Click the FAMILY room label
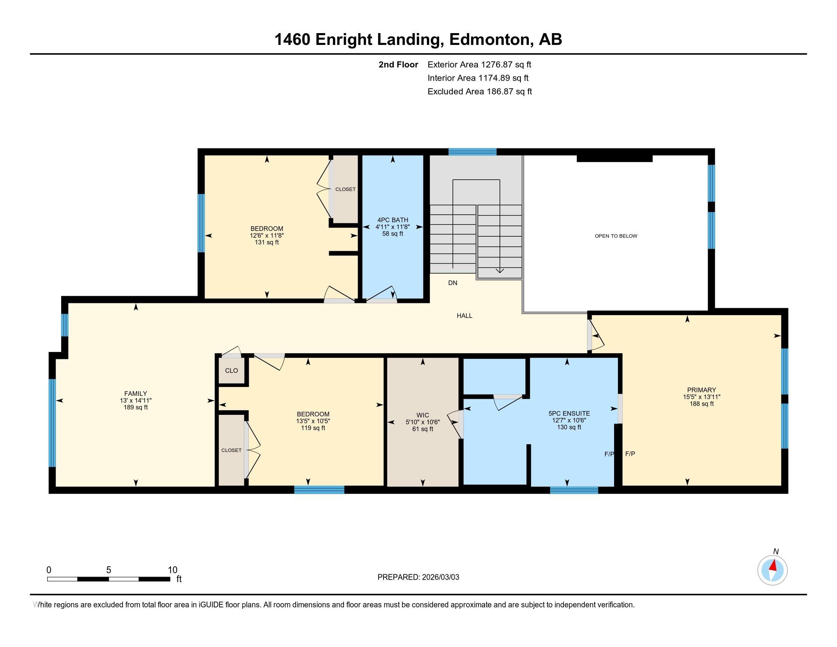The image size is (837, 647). (135, 393)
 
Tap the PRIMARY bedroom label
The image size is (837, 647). (701, 390)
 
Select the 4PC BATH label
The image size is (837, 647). (393, 220)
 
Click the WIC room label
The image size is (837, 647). (422, 415)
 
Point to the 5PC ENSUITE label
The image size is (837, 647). (569, 413)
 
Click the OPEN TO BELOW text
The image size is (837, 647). (616, 236)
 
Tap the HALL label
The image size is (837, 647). (464, 316)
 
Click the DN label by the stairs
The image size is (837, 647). (452, 283)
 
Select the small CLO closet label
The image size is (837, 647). (231, 371)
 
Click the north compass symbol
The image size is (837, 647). (772, 571)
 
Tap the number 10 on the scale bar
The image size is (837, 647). (172, 570)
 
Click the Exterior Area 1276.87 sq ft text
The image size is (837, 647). (479, 64)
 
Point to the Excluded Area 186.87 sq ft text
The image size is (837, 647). (479, 91)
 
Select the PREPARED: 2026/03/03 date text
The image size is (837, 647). (418, 577)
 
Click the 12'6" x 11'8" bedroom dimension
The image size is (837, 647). (266, 236)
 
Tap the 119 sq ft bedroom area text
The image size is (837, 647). (313, 428)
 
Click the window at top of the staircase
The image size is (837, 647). (472, 152)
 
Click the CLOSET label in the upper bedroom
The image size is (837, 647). (345, 190)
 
